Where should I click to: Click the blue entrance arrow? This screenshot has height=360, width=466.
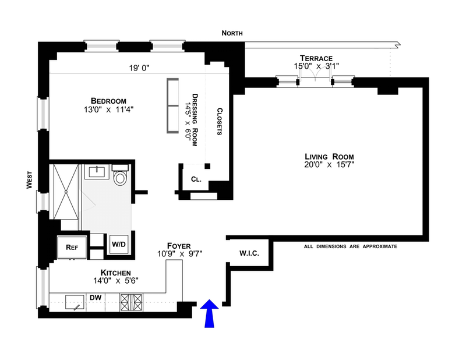(209, 313)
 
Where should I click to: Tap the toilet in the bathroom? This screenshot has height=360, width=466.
(120, 175)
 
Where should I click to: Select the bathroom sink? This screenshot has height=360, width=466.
(97, 171)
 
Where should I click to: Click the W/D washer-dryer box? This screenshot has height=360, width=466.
(119, 244)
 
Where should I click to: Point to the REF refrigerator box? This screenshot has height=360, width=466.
(72, 248)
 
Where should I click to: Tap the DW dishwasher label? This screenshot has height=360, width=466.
(96, 298)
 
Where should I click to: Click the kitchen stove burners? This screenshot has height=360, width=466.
(131, 302)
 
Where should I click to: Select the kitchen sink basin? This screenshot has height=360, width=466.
(75, 302)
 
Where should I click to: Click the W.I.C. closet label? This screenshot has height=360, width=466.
(249, 253)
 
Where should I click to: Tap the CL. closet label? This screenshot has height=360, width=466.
(196, 179)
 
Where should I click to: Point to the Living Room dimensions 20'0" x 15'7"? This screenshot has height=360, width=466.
(329, 164)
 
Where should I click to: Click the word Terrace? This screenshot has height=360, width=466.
(316, 58)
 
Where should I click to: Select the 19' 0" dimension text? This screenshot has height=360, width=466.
(139, 68)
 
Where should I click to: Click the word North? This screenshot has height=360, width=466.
(232, 33)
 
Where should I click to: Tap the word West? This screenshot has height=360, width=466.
(29, 180)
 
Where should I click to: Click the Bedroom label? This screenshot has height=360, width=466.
(108, 101)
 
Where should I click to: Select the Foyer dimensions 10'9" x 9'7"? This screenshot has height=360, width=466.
(180, 254)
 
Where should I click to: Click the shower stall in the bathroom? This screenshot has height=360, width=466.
(66, 192)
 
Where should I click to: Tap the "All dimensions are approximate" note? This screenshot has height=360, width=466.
(351, 246)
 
